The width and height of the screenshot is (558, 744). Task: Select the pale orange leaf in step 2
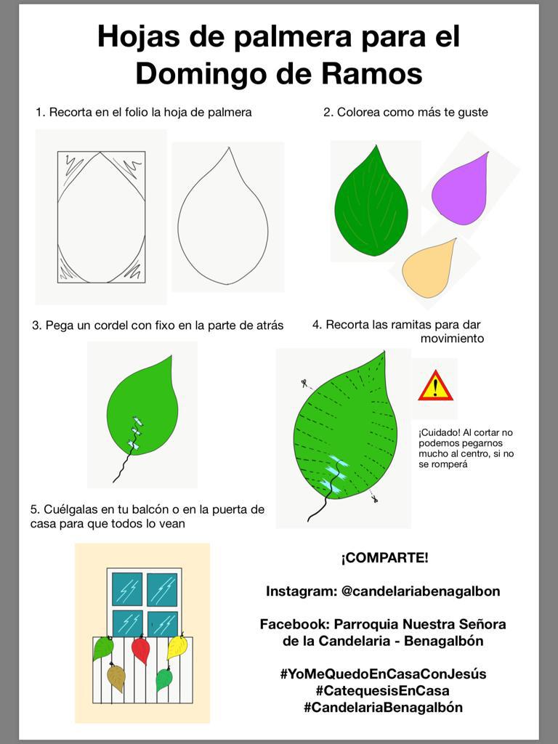click(x=429, y=270)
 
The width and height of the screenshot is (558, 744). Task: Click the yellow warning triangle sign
click(x=435, y=386)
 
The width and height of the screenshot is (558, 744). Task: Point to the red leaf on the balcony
click(x=141, y=650)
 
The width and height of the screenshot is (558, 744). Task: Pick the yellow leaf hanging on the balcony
click(x=177, y=647)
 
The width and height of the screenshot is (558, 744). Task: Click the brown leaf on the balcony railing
click(x=116, y=677)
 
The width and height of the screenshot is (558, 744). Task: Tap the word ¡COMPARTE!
click(x=384, y=557)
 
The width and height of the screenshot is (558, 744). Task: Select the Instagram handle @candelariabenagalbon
click(x=421, y=591)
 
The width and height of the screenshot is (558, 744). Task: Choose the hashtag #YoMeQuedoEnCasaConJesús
click(x=383, y=674)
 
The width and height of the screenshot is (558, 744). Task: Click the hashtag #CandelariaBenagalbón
click(x=383, y=708)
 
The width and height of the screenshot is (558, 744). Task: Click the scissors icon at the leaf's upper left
click(x=304, y=383)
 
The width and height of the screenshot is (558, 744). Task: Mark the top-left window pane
click(x=127, y=589)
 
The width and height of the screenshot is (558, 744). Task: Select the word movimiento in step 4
click(x=452, y=339)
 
